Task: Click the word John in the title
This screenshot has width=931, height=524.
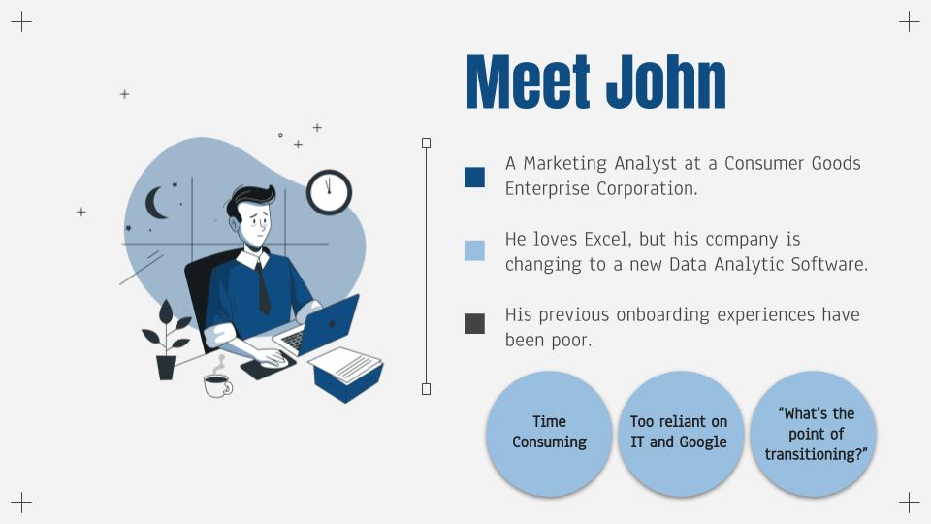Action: pos(666,82)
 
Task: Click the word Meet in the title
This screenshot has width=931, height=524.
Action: pos(528,82)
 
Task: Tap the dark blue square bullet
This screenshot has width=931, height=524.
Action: pos(474,177)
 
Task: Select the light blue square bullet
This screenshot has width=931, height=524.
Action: pos(474,250)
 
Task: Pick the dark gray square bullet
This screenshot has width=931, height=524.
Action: pos(474,324)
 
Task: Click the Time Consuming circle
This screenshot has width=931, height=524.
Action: pos(549,434)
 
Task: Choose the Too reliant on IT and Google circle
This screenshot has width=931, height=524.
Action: pos(681,434)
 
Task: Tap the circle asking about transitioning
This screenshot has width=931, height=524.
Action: pos(814,434)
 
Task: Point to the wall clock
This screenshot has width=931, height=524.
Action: pos(329,192)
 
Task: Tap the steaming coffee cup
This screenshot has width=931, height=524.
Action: pos(218,380)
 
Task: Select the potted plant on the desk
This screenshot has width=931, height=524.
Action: pos(166,341)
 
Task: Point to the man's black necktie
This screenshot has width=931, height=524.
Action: pos(263,287)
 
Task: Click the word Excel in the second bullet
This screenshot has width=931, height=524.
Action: pos(605,239)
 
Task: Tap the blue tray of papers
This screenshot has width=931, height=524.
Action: pos(347,375)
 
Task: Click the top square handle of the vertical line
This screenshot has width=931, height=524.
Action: pos(426,144)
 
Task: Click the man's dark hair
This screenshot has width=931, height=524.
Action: pos(249,200)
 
